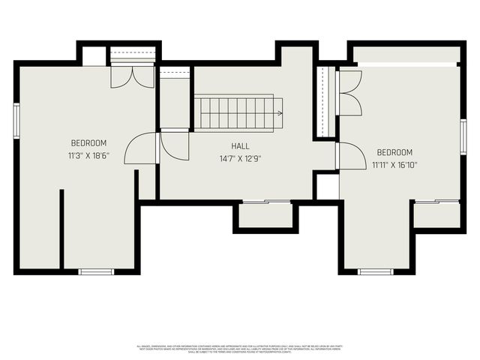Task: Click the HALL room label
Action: [x=240, y=146]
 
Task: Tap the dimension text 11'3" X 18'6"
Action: [x=89, y=157]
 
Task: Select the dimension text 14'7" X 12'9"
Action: [x=240, y=159]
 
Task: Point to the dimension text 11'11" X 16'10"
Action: [x=394, y=165]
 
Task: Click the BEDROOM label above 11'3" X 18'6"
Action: [x=89, y=143]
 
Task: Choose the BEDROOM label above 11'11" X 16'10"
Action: [x=394, y=152]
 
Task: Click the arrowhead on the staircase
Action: [x=279, y=114]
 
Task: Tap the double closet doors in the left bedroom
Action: [x=132, y=77]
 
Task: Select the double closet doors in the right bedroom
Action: [x=349, y=93]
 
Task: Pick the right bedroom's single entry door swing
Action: [x=351, y=157]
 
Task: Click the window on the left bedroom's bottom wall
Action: [x=96, y=271]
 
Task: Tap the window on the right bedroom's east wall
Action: [x=463, y=136]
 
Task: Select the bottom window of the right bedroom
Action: [x=375, y=271]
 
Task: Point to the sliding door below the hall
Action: [x=265, y=202]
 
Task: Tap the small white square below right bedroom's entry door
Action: [x=327, y=187]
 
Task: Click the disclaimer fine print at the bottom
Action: [x=240, y=348]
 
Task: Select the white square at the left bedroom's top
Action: [x=94, y=56]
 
